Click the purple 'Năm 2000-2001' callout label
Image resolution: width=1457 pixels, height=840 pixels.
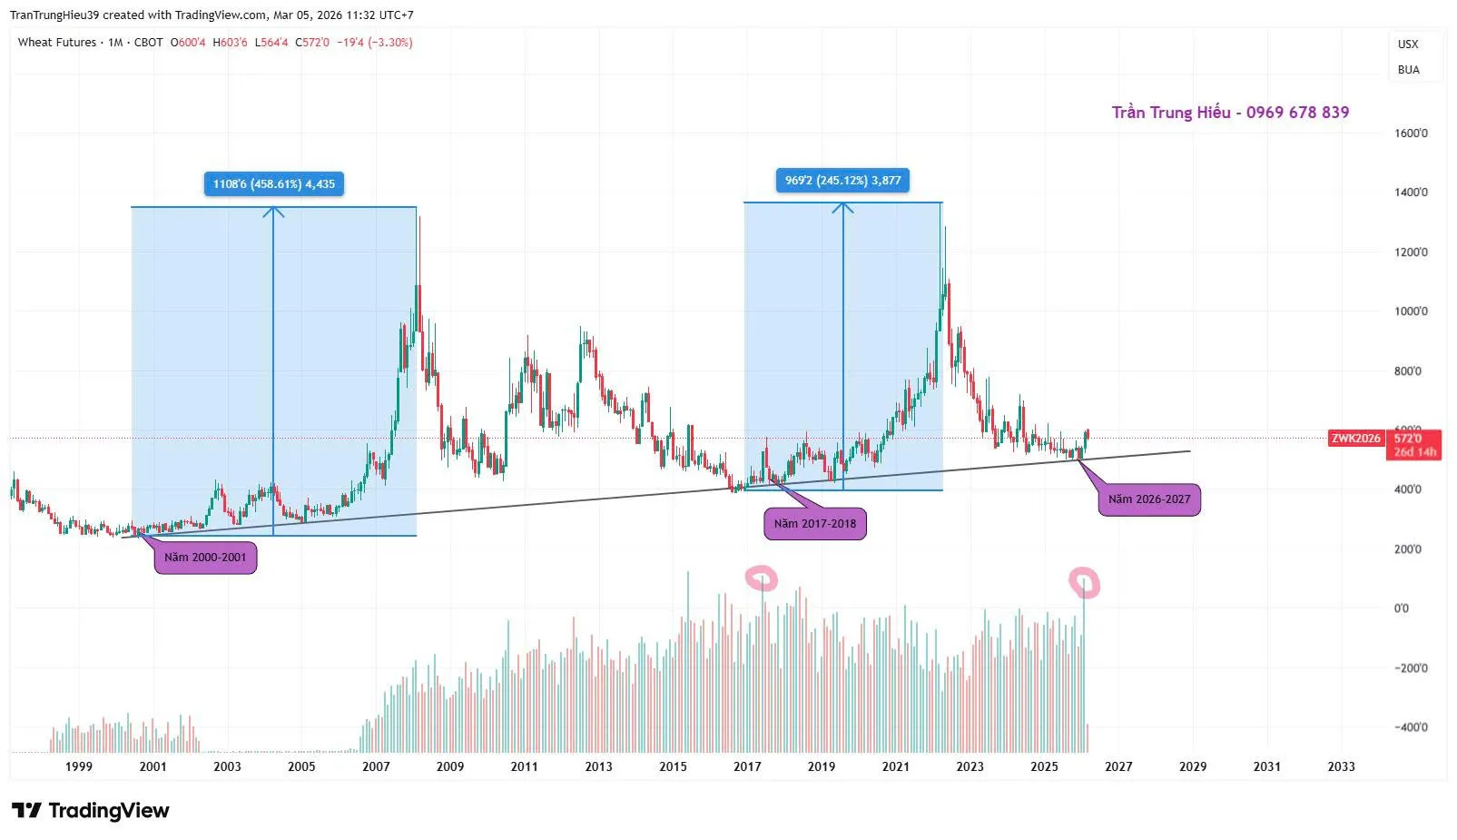point(205,558)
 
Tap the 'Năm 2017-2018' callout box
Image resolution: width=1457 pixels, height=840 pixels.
point(814,524)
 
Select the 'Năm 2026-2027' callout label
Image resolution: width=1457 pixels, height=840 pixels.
point(1148,499)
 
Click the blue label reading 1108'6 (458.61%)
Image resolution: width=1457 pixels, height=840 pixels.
point(273,184)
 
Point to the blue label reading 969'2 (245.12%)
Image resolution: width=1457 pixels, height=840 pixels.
point(842,181)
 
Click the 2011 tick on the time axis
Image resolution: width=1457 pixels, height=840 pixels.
point(524,766)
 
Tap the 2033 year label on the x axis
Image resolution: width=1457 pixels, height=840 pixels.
point(1341,766)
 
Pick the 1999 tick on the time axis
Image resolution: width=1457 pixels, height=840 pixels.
point(79,766)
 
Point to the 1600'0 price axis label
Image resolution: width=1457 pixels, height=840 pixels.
point(1411,133)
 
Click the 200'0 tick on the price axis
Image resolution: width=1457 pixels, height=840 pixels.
point(1408,549)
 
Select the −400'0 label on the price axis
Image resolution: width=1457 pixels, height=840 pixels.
point(1411,727)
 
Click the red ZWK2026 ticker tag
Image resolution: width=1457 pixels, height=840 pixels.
point(1355,439)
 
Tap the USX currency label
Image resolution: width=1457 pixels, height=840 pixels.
point(1408,44)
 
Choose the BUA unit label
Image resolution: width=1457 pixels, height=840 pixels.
point(1408,70)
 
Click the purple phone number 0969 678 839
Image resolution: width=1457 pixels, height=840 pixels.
point(1297,113)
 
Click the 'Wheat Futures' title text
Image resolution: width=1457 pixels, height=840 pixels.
point(56,43)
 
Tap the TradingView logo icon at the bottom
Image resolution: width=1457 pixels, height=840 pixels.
point(26,810)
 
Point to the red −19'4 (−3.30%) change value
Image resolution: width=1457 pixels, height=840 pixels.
point(374,43)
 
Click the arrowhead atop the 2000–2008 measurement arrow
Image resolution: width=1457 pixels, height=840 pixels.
point(273,212)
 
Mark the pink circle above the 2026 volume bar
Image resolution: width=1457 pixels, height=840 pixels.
point(1084,582)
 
